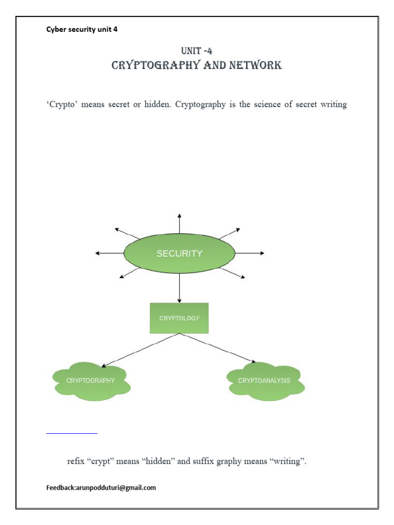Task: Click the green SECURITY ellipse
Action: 180,253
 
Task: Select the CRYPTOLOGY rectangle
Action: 179,318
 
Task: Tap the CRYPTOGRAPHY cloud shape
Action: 91,380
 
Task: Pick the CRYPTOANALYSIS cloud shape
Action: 265,380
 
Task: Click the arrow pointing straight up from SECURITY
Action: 179,224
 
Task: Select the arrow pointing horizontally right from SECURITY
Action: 250,253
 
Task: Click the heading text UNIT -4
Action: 196,51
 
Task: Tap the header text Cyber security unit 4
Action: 82,29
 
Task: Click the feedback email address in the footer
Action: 116,488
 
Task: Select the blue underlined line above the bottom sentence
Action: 72,434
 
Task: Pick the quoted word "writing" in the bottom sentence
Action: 288,461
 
